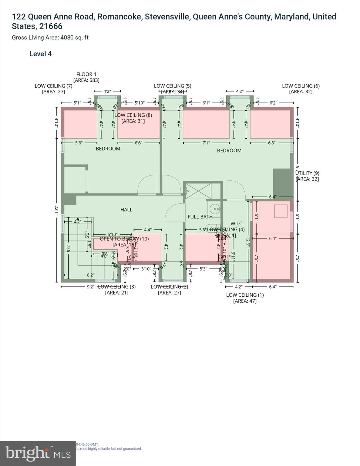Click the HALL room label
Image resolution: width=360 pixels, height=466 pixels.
(126, 210)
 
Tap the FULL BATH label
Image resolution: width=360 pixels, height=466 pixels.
(200, 217)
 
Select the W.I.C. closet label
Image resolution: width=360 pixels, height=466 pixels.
(237, 224)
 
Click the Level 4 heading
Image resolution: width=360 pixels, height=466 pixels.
(40, 54)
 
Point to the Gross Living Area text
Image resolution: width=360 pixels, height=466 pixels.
(50, 38)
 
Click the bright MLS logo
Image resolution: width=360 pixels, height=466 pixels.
(38, 453)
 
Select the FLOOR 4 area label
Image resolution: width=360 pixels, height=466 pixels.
(86, 77)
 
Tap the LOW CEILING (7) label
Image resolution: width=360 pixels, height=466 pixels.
(53, 89)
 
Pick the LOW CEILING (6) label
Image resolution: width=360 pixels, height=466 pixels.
(301, 89)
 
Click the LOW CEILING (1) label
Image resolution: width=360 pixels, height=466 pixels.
(245, 298)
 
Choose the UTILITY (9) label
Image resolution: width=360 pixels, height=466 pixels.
(307, 176)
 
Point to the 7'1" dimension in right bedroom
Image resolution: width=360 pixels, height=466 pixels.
(206, 143)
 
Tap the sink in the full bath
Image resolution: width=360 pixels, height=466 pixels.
(215, 209)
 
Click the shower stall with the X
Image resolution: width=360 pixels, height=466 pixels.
(198, 191)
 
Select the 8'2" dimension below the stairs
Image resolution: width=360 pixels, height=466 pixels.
(90, 275)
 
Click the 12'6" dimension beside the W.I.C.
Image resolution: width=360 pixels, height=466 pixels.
(248, 242)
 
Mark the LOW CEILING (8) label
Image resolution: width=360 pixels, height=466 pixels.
(133, 118)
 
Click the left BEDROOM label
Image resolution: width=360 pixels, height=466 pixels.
(108, 149)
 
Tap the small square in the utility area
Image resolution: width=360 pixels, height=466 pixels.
(281, 211)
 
